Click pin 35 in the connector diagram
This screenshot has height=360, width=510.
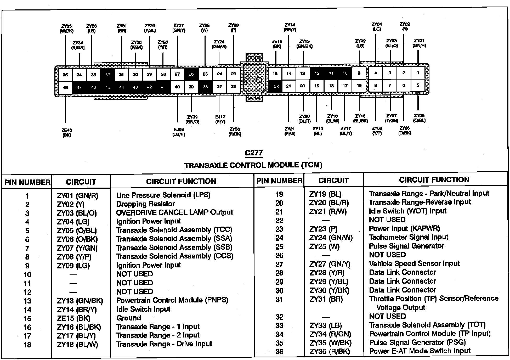coord(65,75)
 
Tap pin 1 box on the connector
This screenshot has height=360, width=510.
coord(418,73)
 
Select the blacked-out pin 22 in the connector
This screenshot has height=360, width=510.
coord(276,86)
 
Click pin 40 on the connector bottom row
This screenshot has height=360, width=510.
coord(177,87)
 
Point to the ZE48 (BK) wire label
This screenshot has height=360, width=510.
coord(67,133)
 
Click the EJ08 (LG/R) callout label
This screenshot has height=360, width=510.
coord(179,132)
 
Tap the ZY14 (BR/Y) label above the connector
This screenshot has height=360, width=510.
coord(290,27)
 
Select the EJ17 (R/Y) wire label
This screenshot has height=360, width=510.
coord(220,119)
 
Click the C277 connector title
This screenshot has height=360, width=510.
coord(254,153)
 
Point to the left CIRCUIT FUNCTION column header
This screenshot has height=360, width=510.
coord(181,181)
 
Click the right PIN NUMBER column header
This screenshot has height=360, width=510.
coord(279,181)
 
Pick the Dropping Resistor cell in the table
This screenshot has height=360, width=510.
coord(145,204)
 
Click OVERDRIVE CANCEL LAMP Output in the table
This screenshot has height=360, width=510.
coord(174,212)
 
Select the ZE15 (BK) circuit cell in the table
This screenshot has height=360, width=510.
coord(73,318)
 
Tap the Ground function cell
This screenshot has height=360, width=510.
coord(129,318)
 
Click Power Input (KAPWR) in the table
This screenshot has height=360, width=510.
coord(404,228)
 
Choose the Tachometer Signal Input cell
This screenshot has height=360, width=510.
coord(408,237)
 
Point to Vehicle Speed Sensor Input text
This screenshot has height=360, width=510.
coord(414,263)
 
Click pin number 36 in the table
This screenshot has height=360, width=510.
coord(279,352)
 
